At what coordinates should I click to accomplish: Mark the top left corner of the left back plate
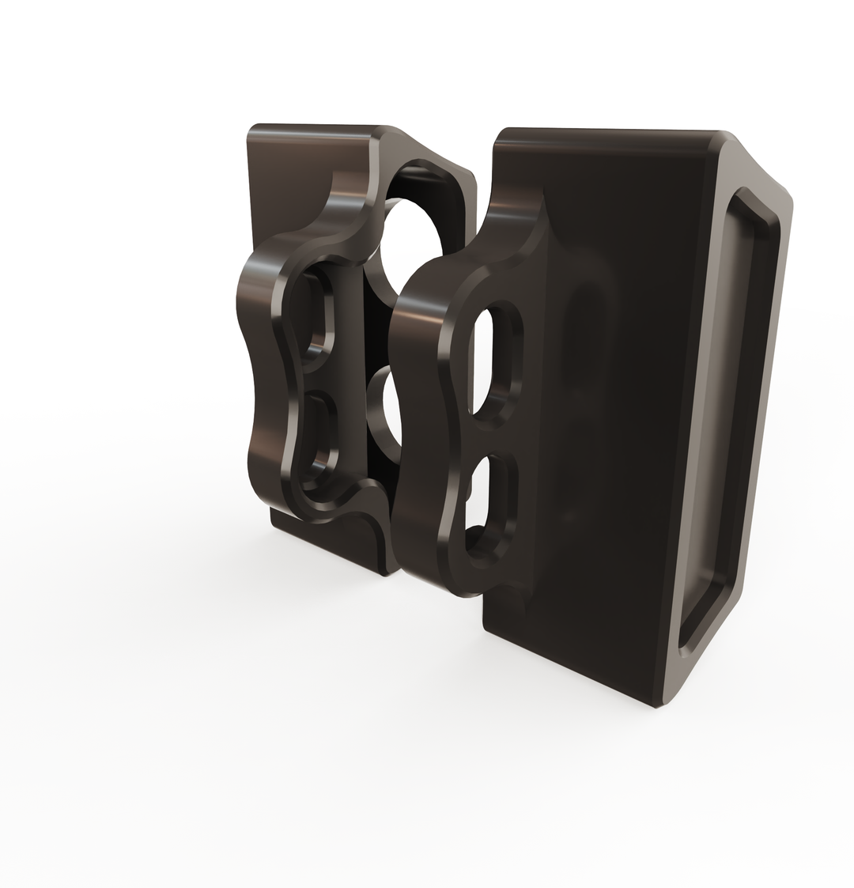tap(251, 129)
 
